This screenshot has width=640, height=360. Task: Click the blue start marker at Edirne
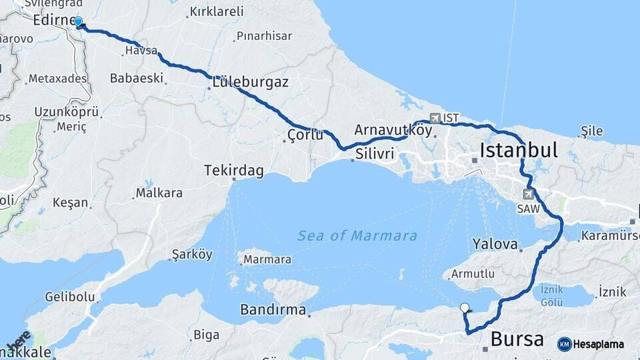click(79, 22)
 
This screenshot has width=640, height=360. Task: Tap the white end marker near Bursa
click(465, 307)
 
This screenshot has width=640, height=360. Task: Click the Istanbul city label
click(519, 149)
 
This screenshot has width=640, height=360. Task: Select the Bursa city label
click(517, 339)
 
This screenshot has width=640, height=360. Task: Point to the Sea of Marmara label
click(357, 236)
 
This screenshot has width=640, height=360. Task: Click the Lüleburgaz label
click(250, 83)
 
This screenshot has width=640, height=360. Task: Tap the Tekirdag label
click(234, 171)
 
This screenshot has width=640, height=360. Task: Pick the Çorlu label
click(305, 135)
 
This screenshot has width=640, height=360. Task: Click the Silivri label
click(375, 154)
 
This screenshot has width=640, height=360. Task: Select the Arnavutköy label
click(393, 130)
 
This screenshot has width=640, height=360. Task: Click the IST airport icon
click(435, 118)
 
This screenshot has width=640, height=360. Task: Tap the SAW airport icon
click(529, 195)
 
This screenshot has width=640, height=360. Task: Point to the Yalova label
click(495, 244)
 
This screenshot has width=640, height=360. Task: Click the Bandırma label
click(273, 310)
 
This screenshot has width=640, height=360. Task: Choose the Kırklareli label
click(217, 11)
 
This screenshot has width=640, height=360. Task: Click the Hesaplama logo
click(591, 344)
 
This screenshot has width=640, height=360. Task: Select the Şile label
click(592, 131)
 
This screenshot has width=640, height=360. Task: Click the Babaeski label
click(137, 78)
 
